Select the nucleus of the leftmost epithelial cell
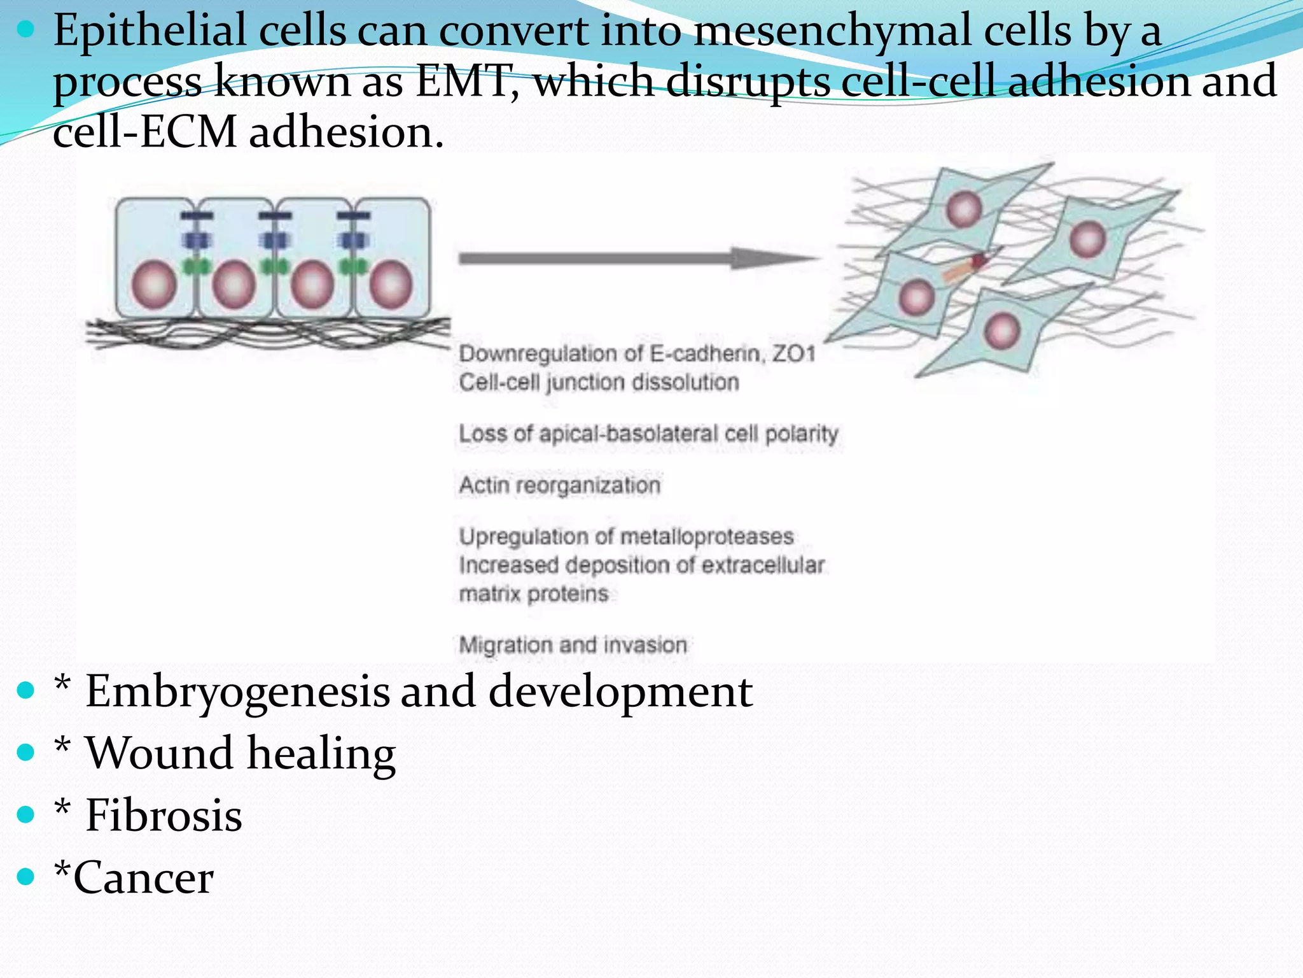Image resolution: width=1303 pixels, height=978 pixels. point(154,285)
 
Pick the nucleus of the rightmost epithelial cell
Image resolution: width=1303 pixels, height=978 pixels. point(391,285)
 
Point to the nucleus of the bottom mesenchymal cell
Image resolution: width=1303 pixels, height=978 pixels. point(1002,330)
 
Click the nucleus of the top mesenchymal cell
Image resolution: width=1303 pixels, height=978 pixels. point(964,209)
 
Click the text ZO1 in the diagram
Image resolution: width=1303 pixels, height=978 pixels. point(794,353)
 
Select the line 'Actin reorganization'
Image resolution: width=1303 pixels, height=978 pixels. point(560,485)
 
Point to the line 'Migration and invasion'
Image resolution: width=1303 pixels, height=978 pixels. point(573,645)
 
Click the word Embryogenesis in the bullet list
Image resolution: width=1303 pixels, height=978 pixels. point(237,693)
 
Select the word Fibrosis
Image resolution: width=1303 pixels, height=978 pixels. point(164,816)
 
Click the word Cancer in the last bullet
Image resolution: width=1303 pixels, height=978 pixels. point(144,878)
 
